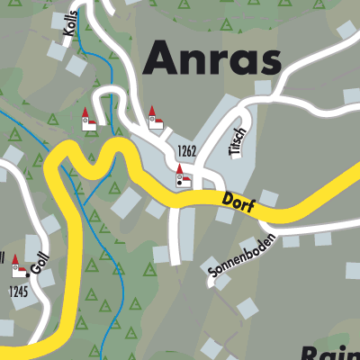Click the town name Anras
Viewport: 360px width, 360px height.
click(x=212, y=58)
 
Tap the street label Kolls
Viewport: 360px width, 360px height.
click(x=71, y=26)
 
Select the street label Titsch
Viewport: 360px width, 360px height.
click(x=238, y=142)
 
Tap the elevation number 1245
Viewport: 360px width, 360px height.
click(x=19, y=291)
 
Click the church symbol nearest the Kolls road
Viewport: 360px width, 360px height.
click(x=88, y=121)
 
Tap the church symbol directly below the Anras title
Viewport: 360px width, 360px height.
click(x=154, y=118)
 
